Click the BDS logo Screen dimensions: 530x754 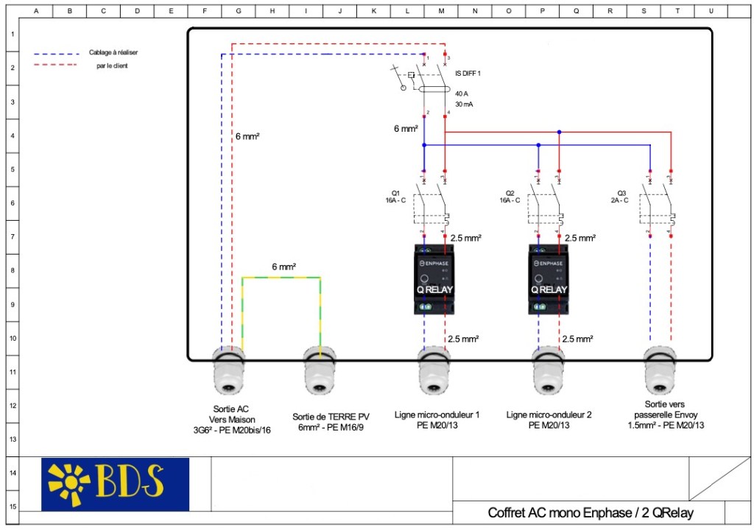click(x=115, y=484)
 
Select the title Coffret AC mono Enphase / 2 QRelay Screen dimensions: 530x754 click(x=590, y=512)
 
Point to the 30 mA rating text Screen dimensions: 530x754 click(x=464, y=105)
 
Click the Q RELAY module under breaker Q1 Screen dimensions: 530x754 click(x=434, y=279)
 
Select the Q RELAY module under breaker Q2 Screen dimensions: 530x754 click(x=548, y=279)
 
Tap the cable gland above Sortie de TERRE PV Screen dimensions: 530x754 click(x=319, y=371)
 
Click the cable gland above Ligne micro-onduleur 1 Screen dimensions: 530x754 click(x=434, y=371)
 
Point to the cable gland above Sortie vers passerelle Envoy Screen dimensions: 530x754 click(x=660, y=371)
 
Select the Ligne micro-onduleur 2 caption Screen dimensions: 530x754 click(x=549, y=420)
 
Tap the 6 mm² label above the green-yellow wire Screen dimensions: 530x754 click(x=283, y=266)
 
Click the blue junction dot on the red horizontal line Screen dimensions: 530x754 click(x=559, y=132)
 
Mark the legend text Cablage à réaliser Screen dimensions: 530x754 click(x=113, y=53)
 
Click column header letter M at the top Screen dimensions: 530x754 click(x=441, y=11)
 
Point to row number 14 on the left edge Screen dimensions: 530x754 click(x=13, y=473)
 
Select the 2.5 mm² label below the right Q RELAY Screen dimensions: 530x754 click(x=577, y=339)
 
